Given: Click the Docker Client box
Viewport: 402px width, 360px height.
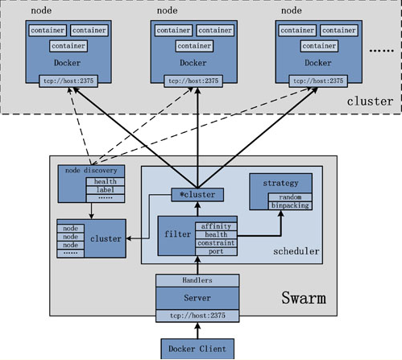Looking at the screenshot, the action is (197, 349).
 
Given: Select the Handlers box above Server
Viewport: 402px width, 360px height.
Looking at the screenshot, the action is (197, 280).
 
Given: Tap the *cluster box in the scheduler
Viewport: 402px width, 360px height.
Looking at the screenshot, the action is (197, 195).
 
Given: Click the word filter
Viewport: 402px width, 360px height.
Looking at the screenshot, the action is (177, 234).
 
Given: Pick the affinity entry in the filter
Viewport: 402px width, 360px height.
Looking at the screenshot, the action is (216, 226).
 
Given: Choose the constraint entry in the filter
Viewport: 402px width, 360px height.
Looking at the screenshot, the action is (216, 243).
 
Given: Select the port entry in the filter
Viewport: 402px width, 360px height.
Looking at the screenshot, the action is (216, 251).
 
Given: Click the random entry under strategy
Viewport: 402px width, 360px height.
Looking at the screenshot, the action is (290, 197).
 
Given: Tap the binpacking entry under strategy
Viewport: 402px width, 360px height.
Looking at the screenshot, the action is (290, 205).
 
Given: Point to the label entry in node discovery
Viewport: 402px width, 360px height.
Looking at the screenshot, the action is (106, 190).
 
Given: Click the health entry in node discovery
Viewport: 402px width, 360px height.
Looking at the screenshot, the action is (106, 182).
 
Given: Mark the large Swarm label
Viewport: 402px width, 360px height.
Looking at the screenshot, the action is (304, 298).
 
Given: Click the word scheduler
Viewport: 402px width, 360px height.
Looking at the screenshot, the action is (296, 251).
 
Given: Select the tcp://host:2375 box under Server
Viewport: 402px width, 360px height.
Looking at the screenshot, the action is (197, 316).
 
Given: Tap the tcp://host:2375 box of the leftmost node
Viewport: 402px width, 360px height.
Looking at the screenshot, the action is (68, 81).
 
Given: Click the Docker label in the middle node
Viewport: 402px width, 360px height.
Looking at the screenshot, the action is (193, 63).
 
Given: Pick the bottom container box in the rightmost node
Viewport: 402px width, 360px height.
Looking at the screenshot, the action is (319, 46).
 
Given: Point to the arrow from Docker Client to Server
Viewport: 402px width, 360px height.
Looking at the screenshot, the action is (197, 330).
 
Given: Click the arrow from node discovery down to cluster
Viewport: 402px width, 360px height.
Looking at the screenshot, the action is (91, 211).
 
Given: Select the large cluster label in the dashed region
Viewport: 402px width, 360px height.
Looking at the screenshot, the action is (370, 101).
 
